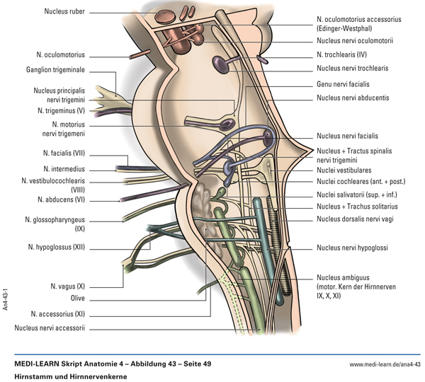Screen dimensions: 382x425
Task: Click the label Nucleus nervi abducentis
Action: pyautogui.click(x=358, y=96)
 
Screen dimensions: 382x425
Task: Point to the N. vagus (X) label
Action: pyautogui.click(x=67, y=286)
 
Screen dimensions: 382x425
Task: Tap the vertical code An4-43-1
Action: pyautogui.click(x=6, y=298)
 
